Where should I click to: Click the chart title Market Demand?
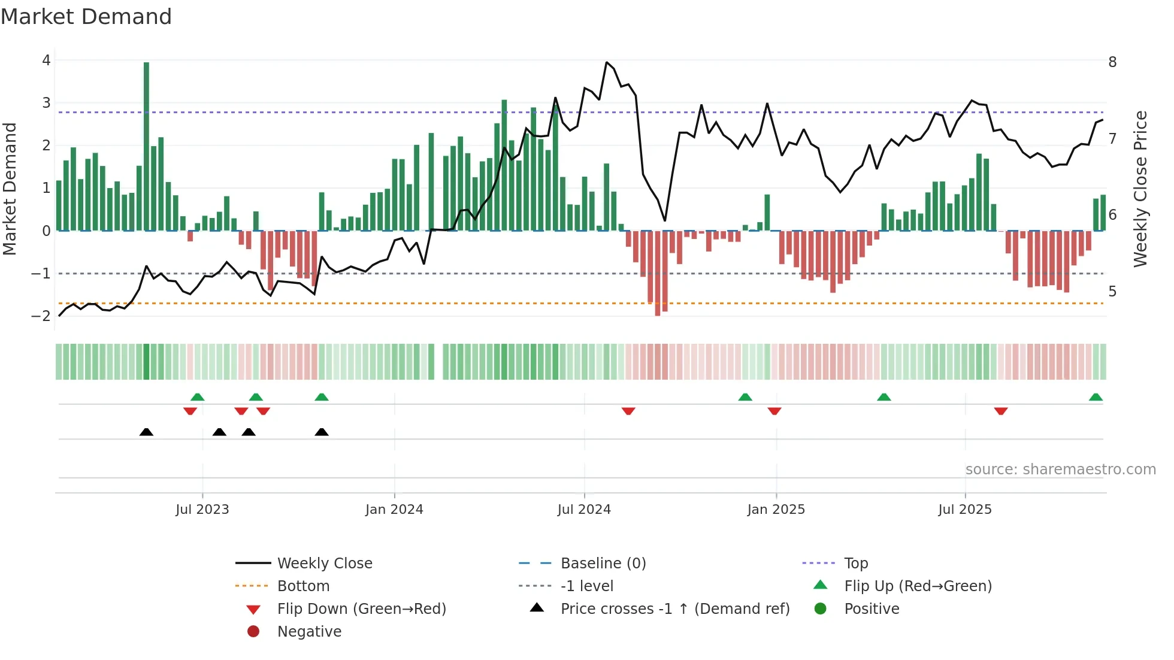click(86, 17)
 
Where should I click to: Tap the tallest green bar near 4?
click(146, 144)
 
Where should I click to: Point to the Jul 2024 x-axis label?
click(584, 510)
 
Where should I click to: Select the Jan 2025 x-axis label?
click(776, 510)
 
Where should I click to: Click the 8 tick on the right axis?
click(1112, 62)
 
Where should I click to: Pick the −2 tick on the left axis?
click(41, 316)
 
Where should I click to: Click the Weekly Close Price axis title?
click(1140, 189)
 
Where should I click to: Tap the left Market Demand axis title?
click(10, 189)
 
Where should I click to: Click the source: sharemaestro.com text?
click(1060, 470)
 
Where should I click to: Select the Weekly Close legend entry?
click(325, 564)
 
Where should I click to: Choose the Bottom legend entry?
click(303, 586)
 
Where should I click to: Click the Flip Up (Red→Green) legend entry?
click(918, 586)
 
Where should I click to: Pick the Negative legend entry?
click(309, 632)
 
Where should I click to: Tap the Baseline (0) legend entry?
click(603, 564)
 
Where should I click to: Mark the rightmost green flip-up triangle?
click(1096, 397)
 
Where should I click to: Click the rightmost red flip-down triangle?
click(1001, 411)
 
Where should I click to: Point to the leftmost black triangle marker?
click(146, 432)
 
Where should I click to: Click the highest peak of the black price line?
click(607, 62)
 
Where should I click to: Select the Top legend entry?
click(856, 564)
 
